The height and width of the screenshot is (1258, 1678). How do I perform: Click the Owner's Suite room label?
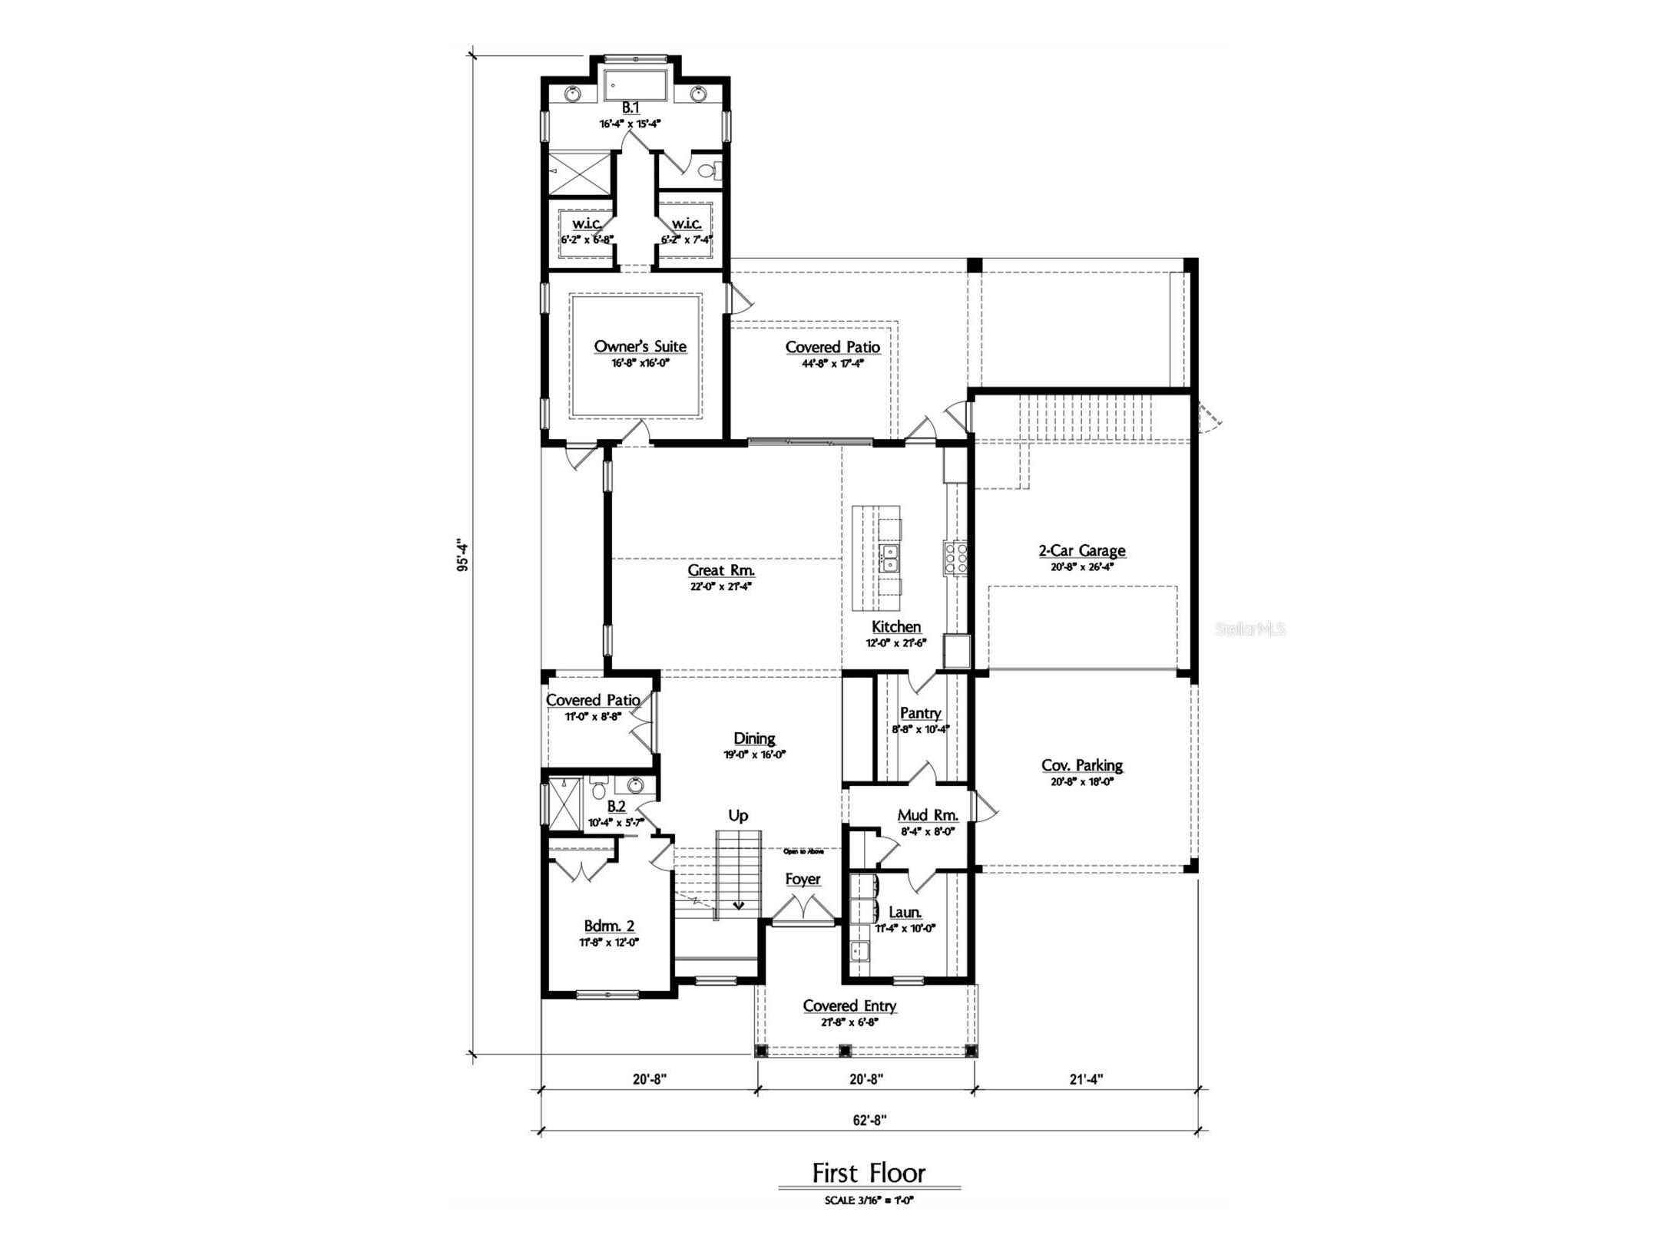(640, 346)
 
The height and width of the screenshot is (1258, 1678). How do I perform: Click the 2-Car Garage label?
(1081, 550)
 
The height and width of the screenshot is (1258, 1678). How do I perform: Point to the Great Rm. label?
(720, 570)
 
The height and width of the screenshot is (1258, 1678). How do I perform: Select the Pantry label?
(920, 713)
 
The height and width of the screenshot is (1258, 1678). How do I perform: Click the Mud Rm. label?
(927, 815)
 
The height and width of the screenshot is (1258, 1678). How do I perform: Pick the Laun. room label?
(905, 912)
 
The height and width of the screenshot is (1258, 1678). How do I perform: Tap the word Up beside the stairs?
(737, 815)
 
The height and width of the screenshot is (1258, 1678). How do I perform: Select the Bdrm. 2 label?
(609, 926)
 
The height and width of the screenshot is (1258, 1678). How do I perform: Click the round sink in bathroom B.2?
(635, 785)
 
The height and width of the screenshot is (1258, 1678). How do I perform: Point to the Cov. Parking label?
(1081, 765)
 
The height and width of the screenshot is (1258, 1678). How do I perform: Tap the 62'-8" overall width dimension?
(869, 1119)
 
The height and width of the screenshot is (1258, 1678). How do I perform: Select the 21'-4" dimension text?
(1086, 1078)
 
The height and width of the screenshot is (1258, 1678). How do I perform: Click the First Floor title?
(869, 1173)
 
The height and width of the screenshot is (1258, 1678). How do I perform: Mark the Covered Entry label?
(849, 1005)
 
